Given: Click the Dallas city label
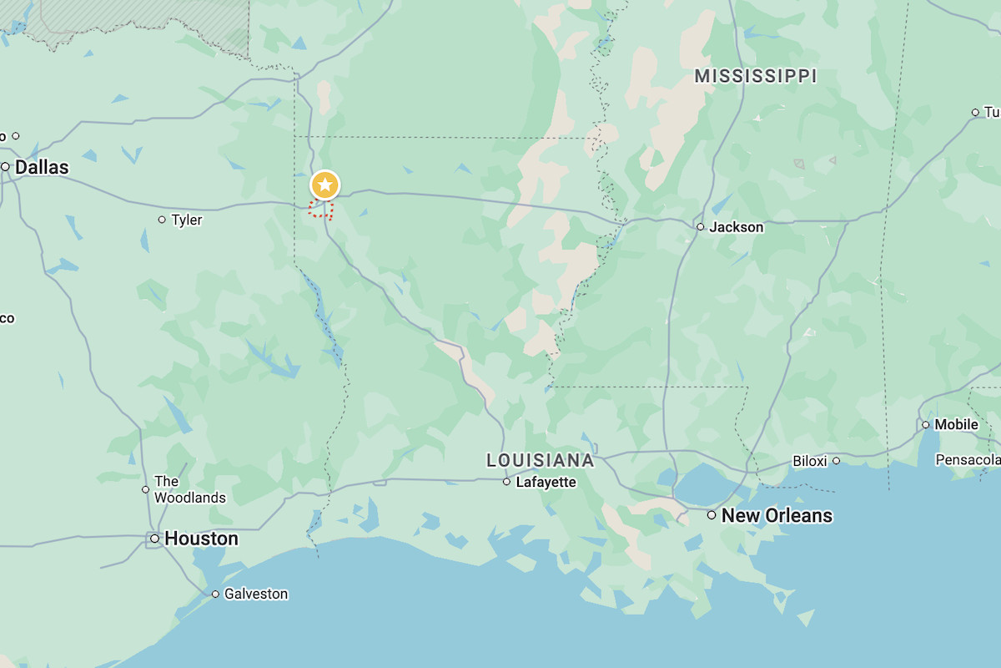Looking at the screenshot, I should [x=42, y=167].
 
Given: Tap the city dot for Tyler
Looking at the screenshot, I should [x=162, y=220].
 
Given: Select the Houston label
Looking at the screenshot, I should [x=201, y=539].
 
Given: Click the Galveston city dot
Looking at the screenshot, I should [x=215, y=595].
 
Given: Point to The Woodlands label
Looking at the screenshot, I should [x=189, y=489].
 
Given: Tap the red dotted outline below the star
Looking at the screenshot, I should [x=320, y=210].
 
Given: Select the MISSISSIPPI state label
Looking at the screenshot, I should [x=756, y=77].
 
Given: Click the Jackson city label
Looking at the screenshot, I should [x=736, y=227].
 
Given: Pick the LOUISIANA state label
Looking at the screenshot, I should [x=541, y=461].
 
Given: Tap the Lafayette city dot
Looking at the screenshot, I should [x=506, y=483].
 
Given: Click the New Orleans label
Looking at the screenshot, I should [x=777, y=515].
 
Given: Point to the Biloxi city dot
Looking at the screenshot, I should [x=836, y=461].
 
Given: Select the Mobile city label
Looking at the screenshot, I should [x=956, y=424].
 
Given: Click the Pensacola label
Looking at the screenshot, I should [x=968, y=460].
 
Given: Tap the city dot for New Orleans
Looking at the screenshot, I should [x=712, y=515].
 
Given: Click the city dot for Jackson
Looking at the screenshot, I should [x=701, y=227].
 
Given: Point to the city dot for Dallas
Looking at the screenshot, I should [x=5, y=167].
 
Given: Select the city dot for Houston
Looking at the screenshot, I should [x=154, y=539].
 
